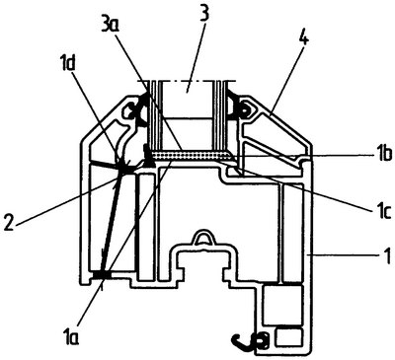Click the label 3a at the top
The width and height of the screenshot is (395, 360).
click(x=111, y=23)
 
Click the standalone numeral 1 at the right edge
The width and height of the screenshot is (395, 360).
click(x=387, y=253)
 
